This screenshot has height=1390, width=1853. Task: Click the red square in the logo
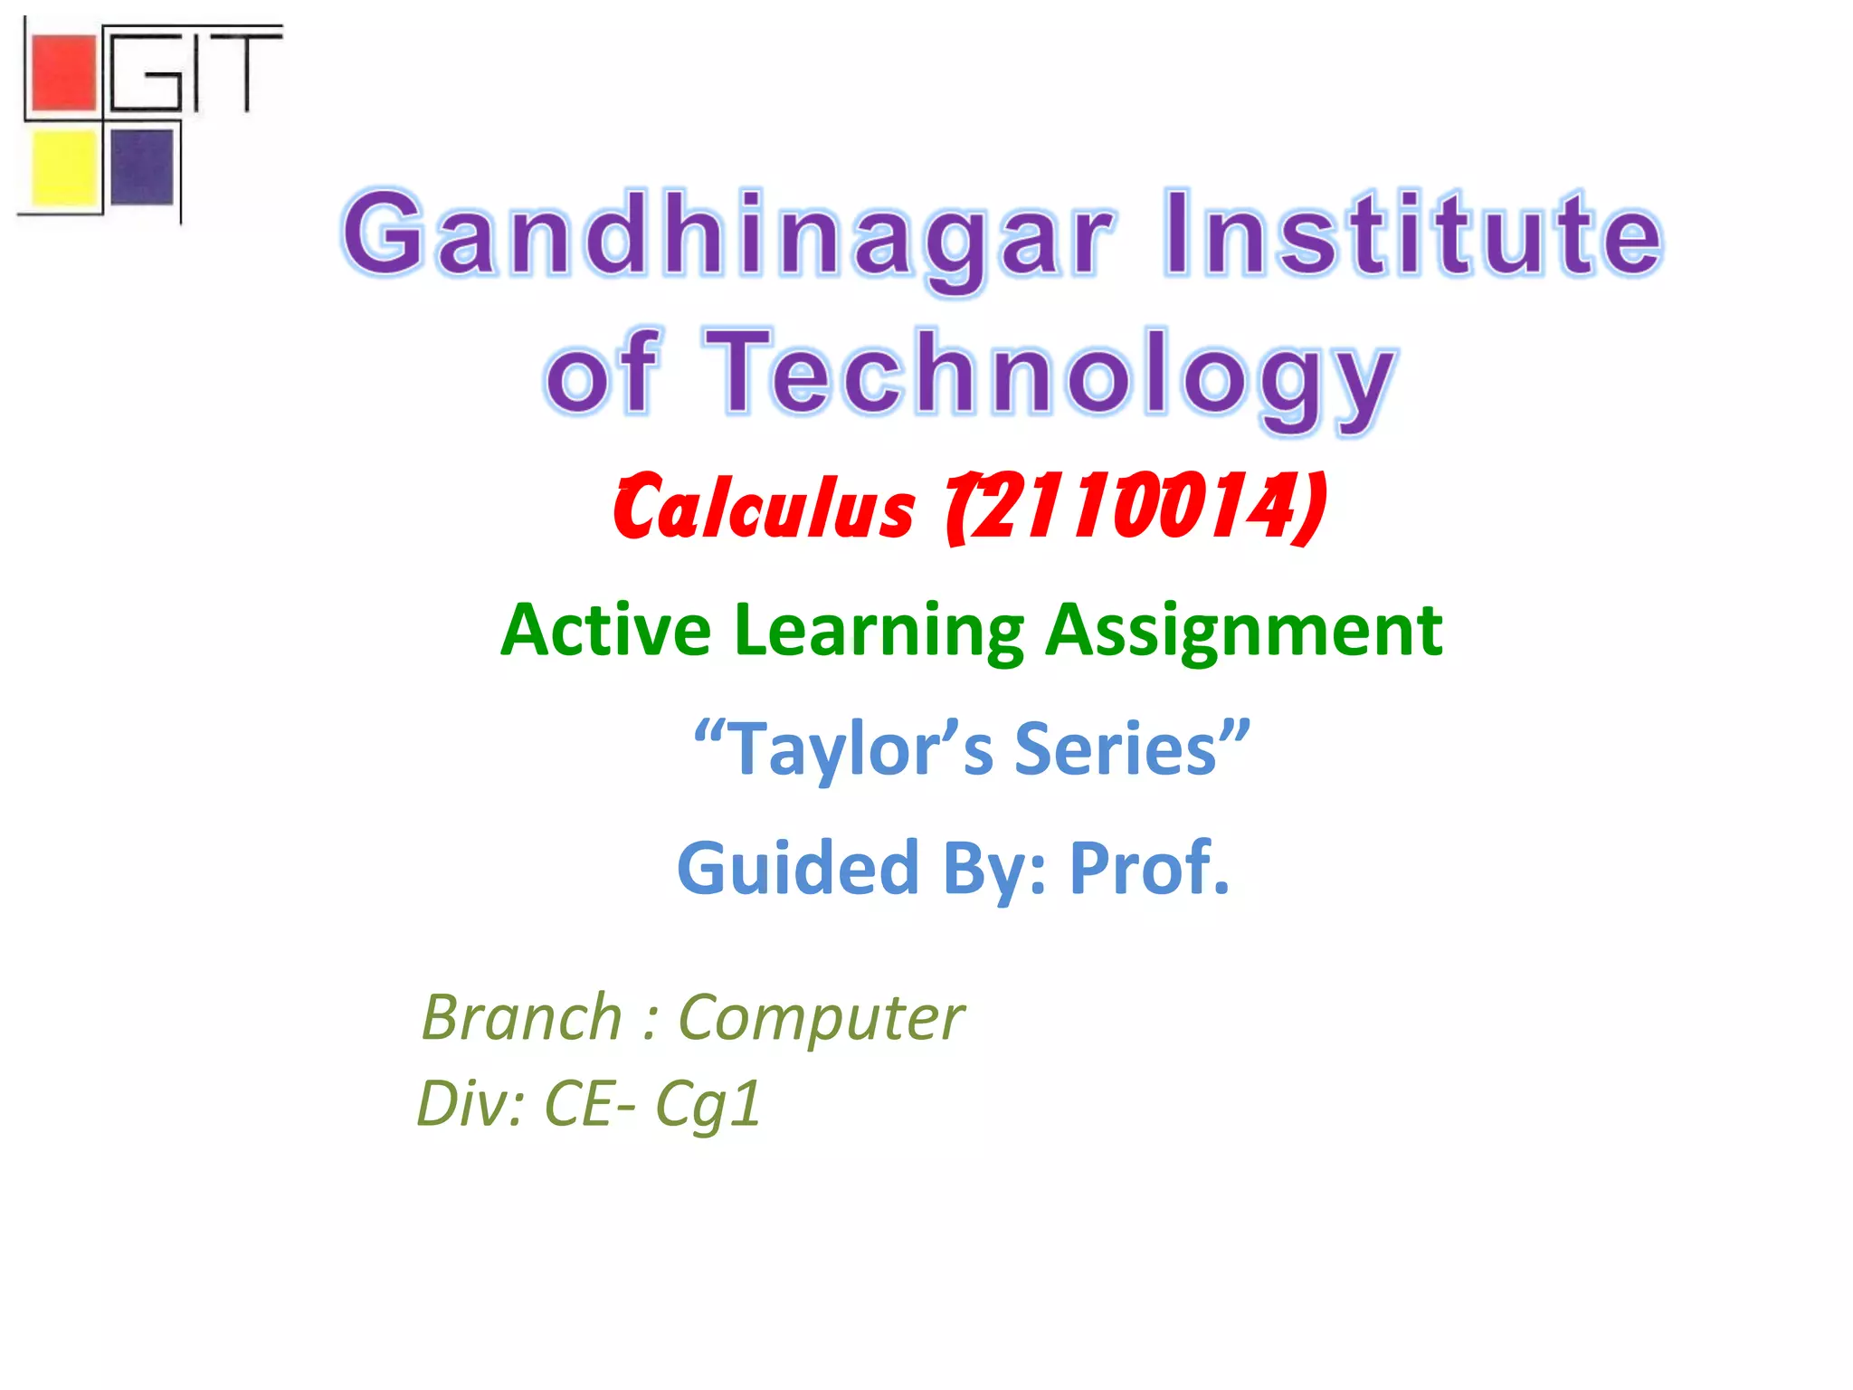63,72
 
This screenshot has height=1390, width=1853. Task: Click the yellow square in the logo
63,167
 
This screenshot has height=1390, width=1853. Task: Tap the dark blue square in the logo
142,167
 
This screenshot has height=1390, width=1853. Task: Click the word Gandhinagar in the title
728,235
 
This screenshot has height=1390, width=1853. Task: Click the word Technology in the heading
1050,376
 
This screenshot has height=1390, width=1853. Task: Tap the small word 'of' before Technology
602,376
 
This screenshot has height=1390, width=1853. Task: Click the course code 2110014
1131,507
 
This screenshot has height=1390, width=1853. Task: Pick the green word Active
606,630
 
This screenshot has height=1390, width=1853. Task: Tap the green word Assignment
1244,630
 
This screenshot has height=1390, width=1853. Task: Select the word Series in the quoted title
1117,749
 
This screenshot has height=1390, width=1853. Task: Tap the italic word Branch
522,1018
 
